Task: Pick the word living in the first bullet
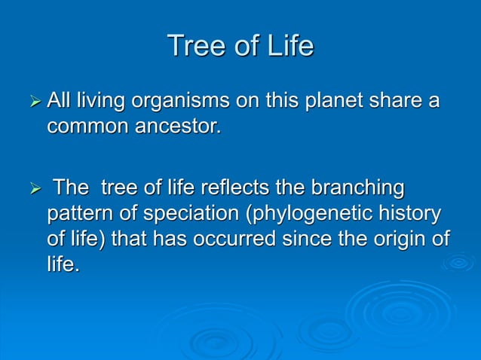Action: coord(104,101)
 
